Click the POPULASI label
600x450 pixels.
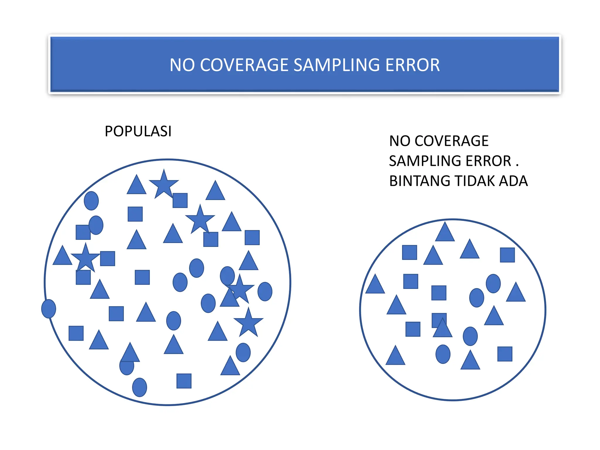pos(138,131)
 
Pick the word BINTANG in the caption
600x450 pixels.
pos(420,181)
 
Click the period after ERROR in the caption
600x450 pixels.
pos(517,166)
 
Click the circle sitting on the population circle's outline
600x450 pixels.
pos(49,309)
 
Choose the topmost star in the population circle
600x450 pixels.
pos(164,184)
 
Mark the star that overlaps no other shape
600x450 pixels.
pos(248,322)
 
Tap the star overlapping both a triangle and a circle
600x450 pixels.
pos(240,289)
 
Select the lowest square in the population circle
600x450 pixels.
pos(184,381)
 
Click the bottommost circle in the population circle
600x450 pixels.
pos(139,387)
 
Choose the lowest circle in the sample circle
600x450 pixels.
pos(443,354)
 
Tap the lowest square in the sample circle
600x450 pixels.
pos(505,354)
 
